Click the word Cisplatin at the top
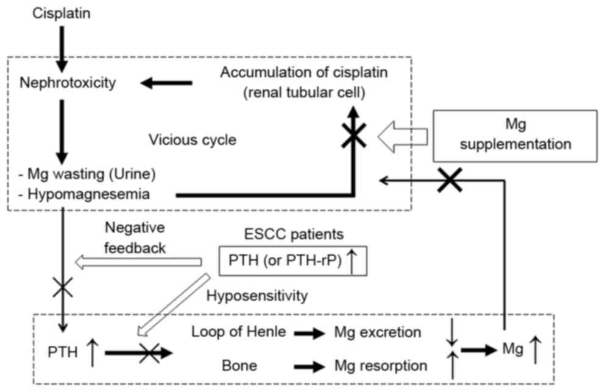click(62, 12)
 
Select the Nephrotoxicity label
click(67, 83)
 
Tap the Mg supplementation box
click(514, 136)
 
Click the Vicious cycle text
click(193, 139)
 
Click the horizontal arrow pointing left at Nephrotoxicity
click(166, 84)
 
